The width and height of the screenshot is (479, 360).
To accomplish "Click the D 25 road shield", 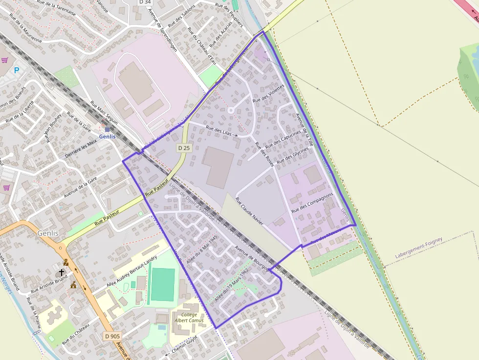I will (183, 147).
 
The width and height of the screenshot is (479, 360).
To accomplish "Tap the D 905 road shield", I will (112, 336).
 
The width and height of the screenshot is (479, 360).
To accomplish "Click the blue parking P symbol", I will (17, 70).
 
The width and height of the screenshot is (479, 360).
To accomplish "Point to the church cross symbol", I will (62, 272).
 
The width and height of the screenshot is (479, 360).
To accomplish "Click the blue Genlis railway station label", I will (108, 136).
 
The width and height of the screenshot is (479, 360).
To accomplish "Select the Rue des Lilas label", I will (219, 130).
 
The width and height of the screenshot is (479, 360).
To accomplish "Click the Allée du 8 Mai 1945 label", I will (201, 249).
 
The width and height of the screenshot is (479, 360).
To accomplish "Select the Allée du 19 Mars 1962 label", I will (232, 285).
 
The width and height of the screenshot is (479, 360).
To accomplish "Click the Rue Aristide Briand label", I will (49, 284).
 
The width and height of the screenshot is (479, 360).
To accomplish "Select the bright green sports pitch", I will (162, 284).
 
